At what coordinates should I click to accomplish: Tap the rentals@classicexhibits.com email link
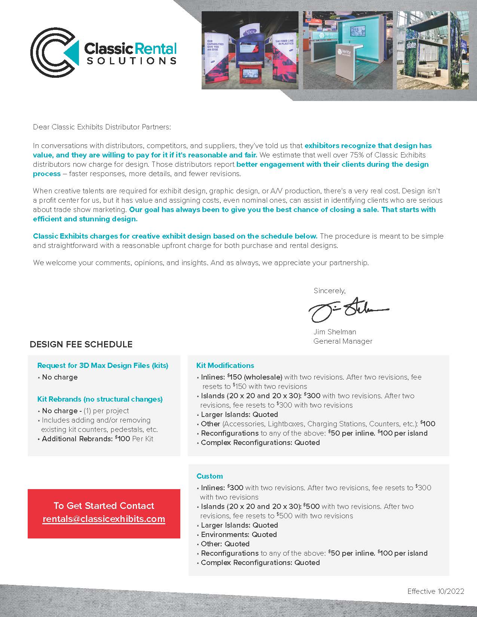(104, 519)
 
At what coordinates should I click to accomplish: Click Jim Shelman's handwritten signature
(348, 310)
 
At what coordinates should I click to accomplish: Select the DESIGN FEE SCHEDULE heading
(81, 344)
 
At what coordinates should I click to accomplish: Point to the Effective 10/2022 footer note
(435, 591)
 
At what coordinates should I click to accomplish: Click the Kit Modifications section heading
(225, 365)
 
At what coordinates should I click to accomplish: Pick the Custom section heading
(210, 476)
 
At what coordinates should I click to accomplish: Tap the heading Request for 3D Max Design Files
(103, 365)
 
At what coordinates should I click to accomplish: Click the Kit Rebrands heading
(100, 399)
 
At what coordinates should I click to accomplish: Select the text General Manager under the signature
(343, 341)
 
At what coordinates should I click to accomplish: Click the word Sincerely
(329, 291)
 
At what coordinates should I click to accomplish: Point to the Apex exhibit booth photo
(250, 50)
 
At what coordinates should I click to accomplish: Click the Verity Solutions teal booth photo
(348, 50)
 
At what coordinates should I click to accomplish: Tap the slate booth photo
(432, 50)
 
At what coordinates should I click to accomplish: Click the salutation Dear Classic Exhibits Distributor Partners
(102, 127)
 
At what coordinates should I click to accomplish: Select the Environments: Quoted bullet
(239, 534)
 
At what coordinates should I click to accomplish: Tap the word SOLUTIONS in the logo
(131, 61)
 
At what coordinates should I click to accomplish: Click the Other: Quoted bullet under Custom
(225, 544)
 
